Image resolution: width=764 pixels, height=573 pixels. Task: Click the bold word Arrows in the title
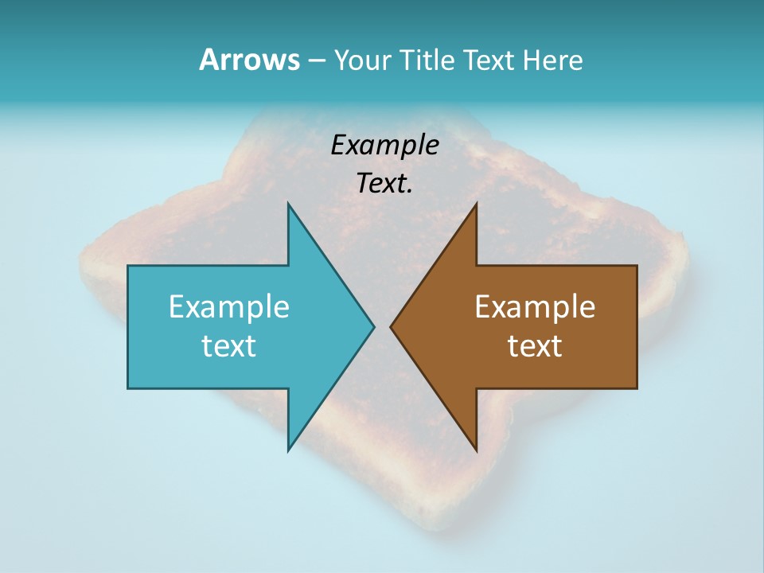(x=248, y=60)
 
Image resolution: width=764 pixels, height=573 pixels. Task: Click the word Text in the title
(x=491, y=60)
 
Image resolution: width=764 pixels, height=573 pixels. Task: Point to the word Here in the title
(x=553, y=60)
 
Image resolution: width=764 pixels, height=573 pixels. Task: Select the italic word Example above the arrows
(x=385, y=146)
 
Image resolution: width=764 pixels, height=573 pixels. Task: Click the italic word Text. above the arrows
(x=385, y=183)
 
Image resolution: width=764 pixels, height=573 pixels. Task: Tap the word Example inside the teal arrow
(x=229, y=307)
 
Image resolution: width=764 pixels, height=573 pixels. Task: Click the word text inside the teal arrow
(x=229, y=345)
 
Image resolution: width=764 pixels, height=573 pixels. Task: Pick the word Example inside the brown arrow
(x=535, y=307)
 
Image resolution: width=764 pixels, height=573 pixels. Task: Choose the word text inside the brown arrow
(x=535, y=345)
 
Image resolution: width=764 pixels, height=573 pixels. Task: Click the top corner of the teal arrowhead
(x=288, y=205)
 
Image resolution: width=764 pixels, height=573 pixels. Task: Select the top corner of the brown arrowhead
(x=476, y=205)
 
